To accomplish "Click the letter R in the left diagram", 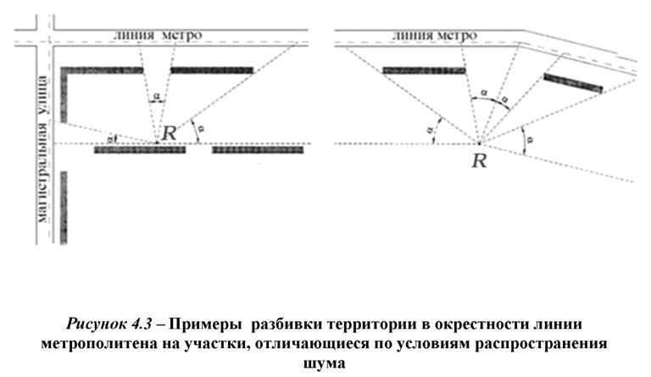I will [x=170, y=132].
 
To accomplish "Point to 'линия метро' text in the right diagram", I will [x=435, y=36].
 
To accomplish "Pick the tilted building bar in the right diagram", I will [x=573, y=82].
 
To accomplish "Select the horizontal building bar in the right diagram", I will [x=424, y=70].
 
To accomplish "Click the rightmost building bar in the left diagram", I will [x=257, y=150].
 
